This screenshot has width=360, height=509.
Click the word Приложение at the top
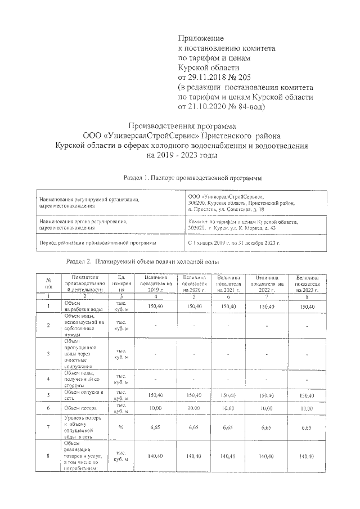click(200, 38)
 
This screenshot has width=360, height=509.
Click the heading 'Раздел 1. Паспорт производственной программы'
click(193, 178)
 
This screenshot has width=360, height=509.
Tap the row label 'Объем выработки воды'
click(84, 307)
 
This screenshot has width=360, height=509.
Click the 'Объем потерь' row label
click(81, 407)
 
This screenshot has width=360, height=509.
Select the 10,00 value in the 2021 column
click(228, 407)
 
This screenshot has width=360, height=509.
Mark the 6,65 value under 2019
click(155, 427)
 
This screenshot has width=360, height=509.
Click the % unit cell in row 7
click(121, 427)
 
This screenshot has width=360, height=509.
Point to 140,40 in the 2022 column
click(267, 456)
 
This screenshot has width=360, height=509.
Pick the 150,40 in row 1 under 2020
click(194, 306)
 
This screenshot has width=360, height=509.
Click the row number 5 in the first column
click(49, 395)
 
